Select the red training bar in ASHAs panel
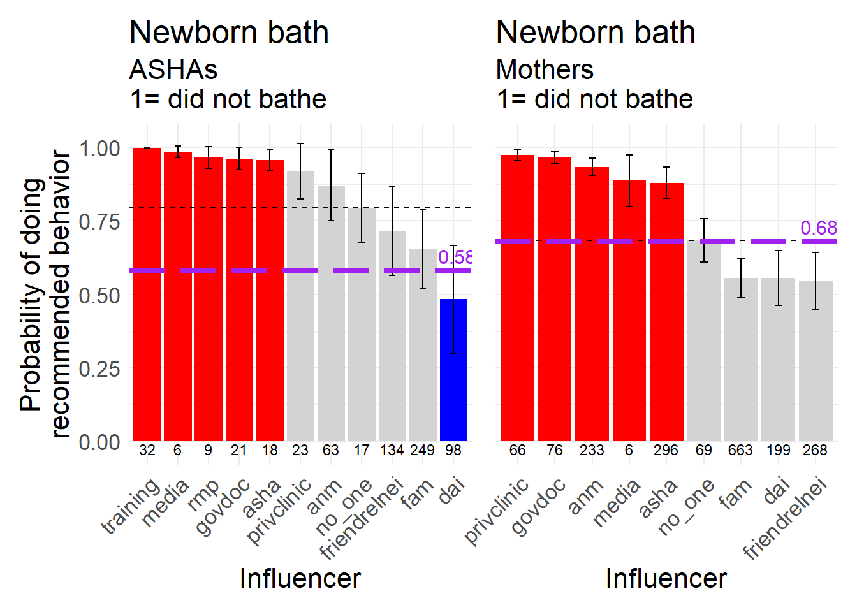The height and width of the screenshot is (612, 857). point(147,293)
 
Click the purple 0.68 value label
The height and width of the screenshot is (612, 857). point(818,228)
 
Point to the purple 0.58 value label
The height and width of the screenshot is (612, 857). point(455,257)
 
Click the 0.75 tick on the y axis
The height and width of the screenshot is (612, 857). point(99,222)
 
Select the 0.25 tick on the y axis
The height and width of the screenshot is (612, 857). point(99,368)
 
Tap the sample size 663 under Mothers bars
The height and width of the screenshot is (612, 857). point(740,450)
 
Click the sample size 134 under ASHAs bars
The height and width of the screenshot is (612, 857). point(392,450)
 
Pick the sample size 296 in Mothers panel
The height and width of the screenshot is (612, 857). point(666,450)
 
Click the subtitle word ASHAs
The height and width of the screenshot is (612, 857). point(173,69)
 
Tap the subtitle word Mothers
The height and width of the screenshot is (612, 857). point(545,69)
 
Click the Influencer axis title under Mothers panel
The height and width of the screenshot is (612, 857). point(666,578)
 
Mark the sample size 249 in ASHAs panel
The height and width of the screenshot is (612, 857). point(422,450)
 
